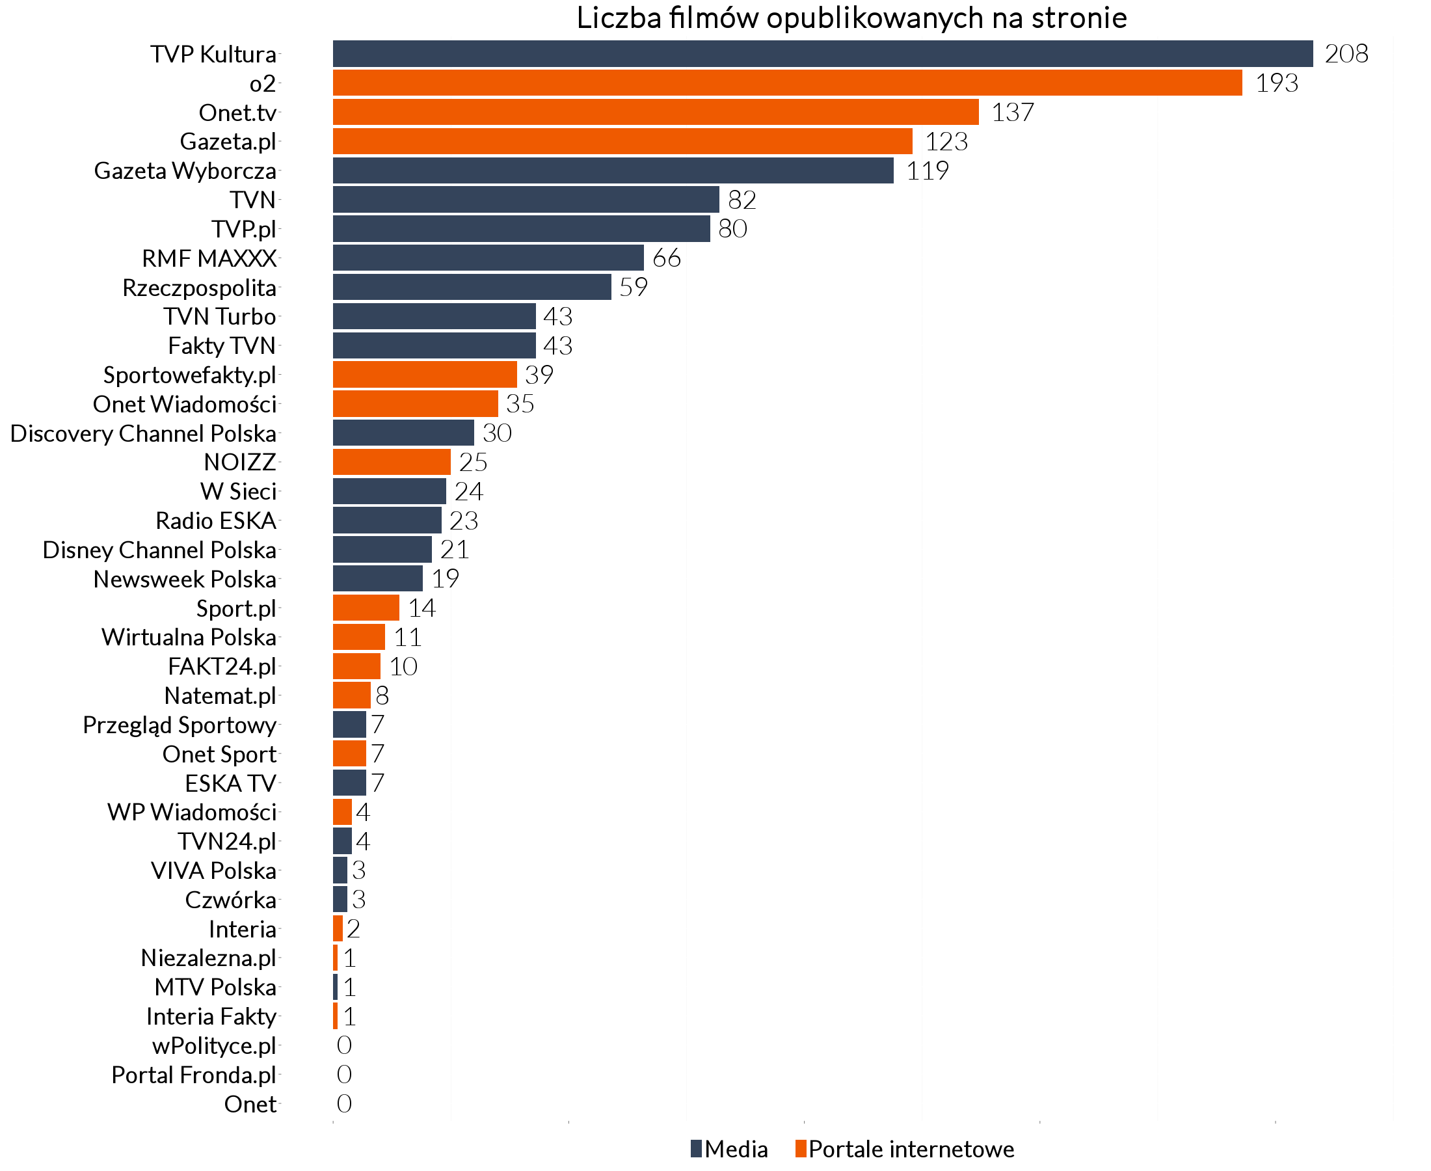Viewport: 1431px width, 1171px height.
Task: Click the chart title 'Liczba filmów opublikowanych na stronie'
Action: pyautogui.click(x=851, y=18)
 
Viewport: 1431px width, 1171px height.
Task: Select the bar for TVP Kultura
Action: pyautogui.click(x=823, y=54)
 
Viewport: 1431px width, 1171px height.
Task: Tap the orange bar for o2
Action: pyautogui.click(x=787, y=83)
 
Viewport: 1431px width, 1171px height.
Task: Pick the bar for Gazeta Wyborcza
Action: pyautogui.click(x=613, y=170)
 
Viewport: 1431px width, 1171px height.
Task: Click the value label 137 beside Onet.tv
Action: pyautogui.click(x=1012, y=113)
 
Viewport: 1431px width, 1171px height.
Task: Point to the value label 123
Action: pyautogui.click(x=946, y=142)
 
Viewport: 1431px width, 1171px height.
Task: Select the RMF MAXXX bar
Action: pyautogui.click(x=488, y=258)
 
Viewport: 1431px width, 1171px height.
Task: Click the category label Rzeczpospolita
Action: pyautogui.click(x=199, y=288)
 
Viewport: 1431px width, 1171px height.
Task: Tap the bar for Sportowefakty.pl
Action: pyautogui.click(x=425, y=374)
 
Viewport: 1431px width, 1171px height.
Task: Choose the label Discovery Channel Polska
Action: pyautogui.click(x=143, y=434)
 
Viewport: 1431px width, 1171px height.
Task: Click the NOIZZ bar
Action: pyautogui.click(x=392, y=462)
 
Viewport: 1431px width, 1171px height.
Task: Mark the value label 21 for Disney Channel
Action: pyautogui.click(x=455, y=550)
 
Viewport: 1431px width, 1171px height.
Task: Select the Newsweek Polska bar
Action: pyautogui.click(x=378, y=579)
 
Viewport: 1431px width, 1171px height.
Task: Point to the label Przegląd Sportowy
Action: pyautogui.click(x=180, y=725)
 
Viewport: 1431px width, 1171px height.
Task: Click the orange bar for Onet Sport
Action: pyautogui.click(x=349, y=753)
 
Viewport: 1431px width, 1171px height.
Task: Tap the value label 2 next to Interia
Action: pyautogui.click(x=353, y=930)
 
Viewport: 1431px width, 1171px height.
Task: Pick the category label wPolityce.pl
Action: pyautogui.click(x=214, y=1046)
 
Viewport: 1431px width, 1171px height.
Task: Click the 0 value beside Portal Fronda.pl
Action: pyautogui.click(x=344, y=1075)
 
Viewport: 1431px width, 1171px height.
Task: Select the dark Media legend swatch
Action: pyautogui.click(x=696, y=1149)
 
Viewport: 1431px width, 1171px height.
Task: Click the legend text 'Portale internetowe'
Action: pyautogui.click(x=911, y=1150)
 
